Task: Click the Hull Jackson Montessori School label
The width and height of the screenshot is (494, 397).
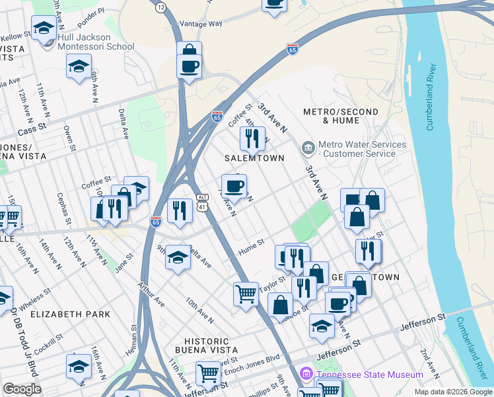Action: (96, 42)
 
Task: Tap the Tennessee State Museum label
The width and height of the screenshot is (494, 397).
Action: (369, 375)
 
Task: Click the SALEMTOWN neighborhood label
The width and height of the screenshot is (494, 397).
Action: (254, 159)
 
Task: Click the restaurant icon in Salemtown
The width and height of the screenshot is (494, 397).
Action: (252, 139)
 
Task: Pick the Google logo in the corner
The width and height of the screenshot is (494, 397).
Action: (22, 389)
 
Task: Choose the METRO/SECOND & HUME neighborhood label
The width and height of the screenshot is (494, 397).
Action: (341, 116)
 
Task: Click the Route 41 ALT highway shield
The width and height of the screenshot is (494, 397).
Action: (202, 202)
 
